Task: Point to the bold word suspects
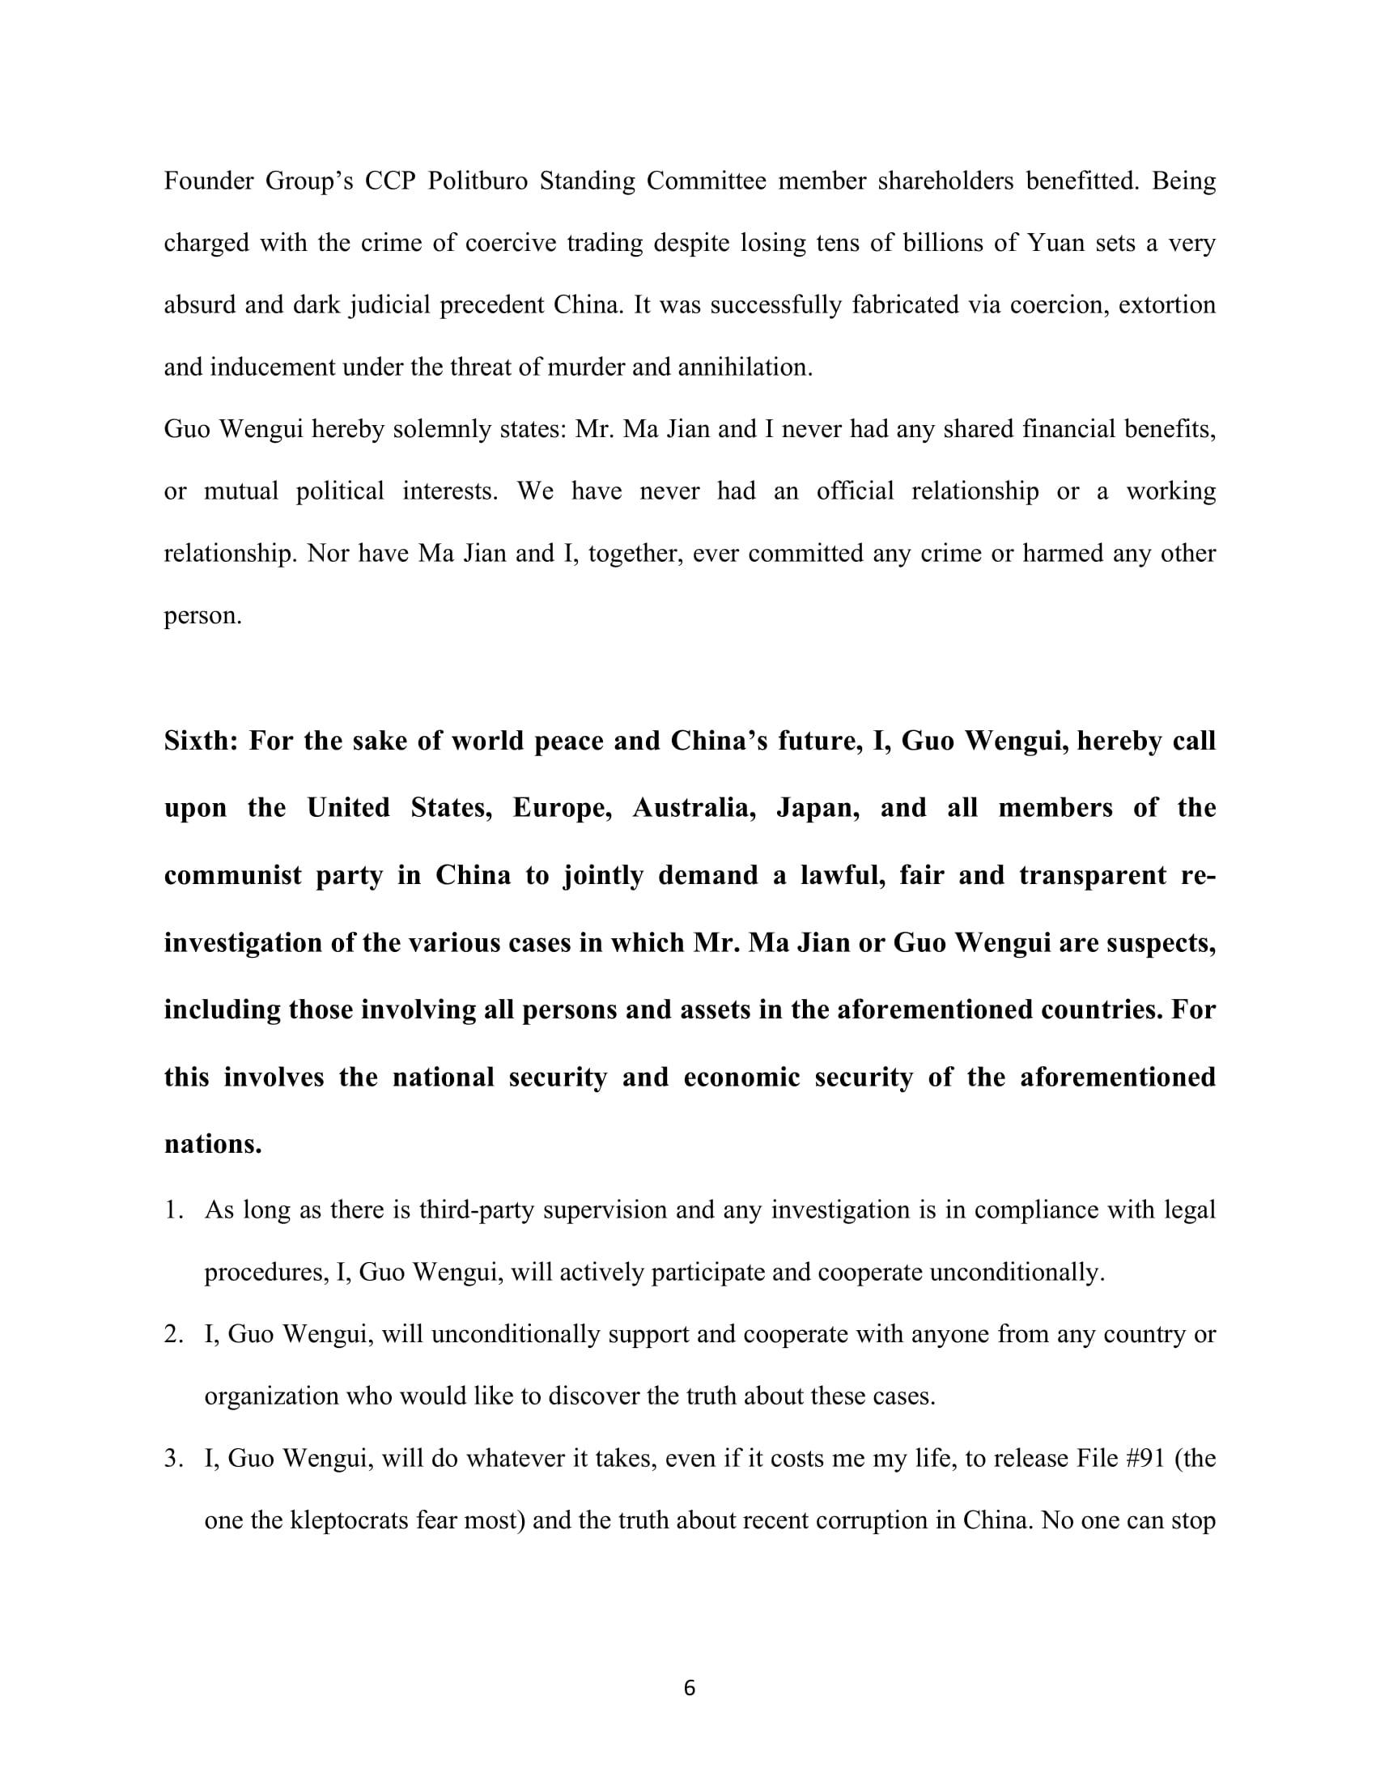point(1157,942)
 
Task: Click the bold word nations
point(213,1144)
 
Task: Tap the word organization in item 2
point(270,1396)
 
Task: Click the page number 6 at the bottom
point(689,1689)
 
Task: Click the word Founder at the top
point(209,181)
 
